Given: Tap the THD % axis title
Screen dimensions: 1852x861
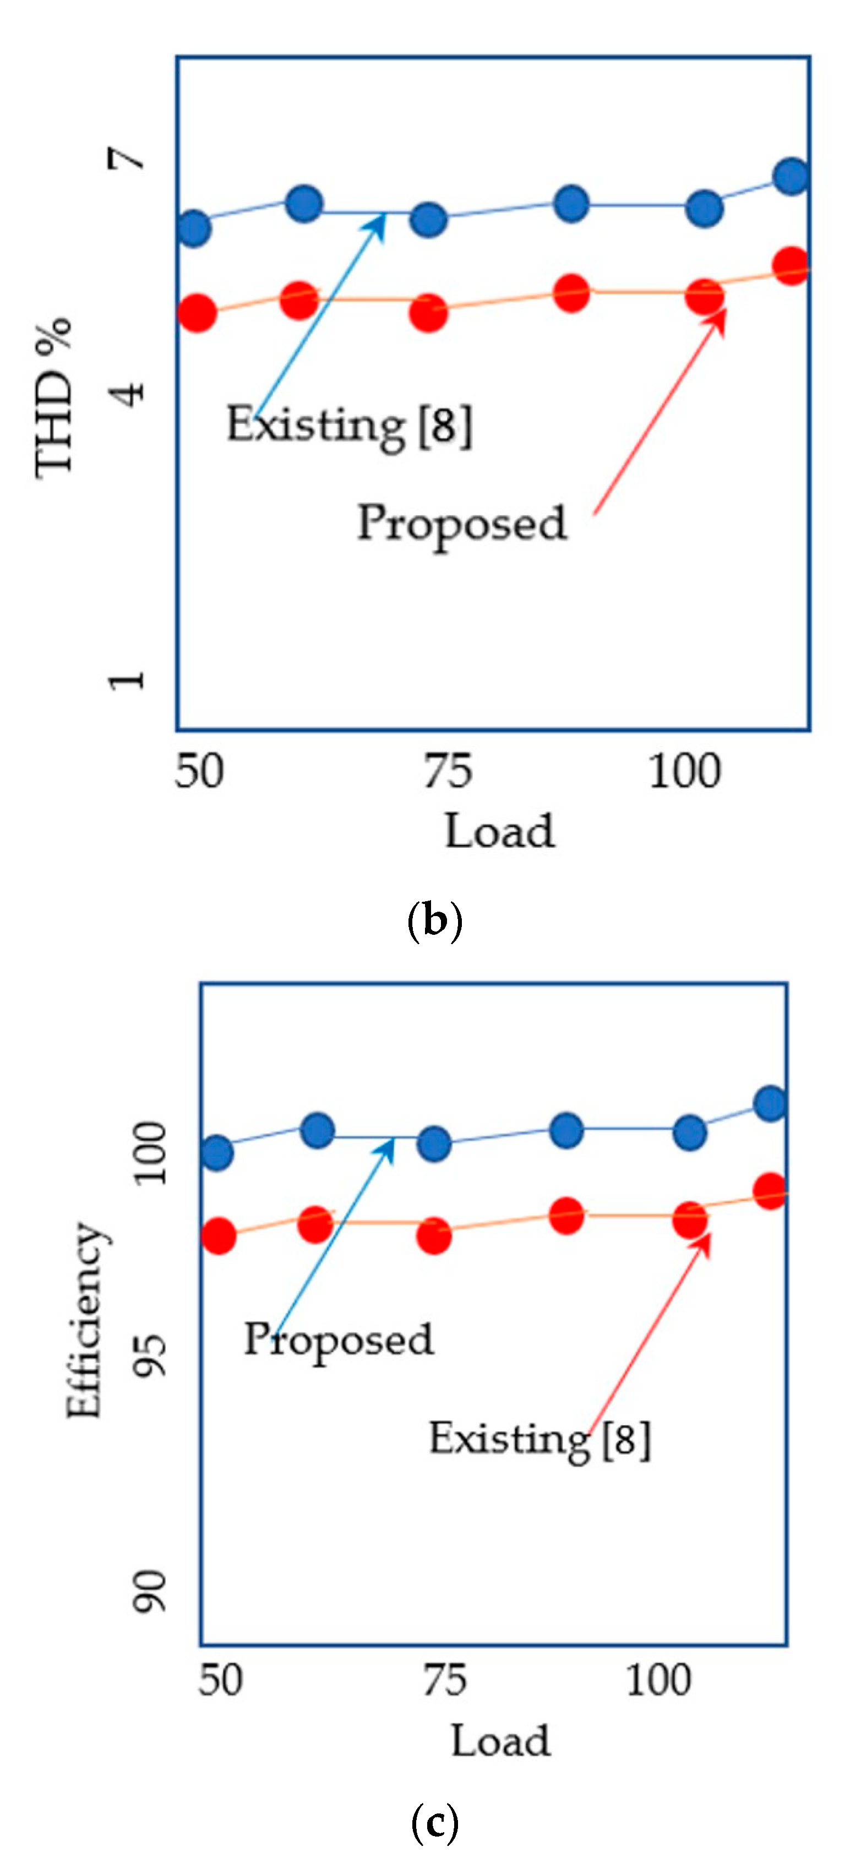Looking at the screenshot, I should tap(55, 397).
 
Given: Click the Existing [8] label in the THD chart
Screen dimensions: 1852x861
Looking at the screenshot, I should tap(349, 426).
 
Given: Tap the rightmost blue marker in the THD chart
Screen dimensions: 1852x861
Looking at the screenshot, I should tap(792, 176).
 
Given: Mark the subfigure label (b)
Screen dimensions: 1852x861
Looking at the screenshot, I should tap(434, 921).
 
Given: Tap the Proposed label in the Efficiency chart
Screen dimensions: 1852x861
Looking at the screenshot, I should tap(339, 1340).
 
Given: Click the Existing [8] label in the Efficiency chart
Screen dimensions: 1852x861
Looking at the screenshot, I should tap(540, 1439).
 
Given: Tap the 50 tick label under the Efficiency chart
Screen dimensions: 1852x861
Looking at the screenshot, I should tap(220, 1681).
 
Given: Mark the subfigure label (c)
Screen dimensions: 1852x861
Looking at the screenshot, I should tap(434, 1822).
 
